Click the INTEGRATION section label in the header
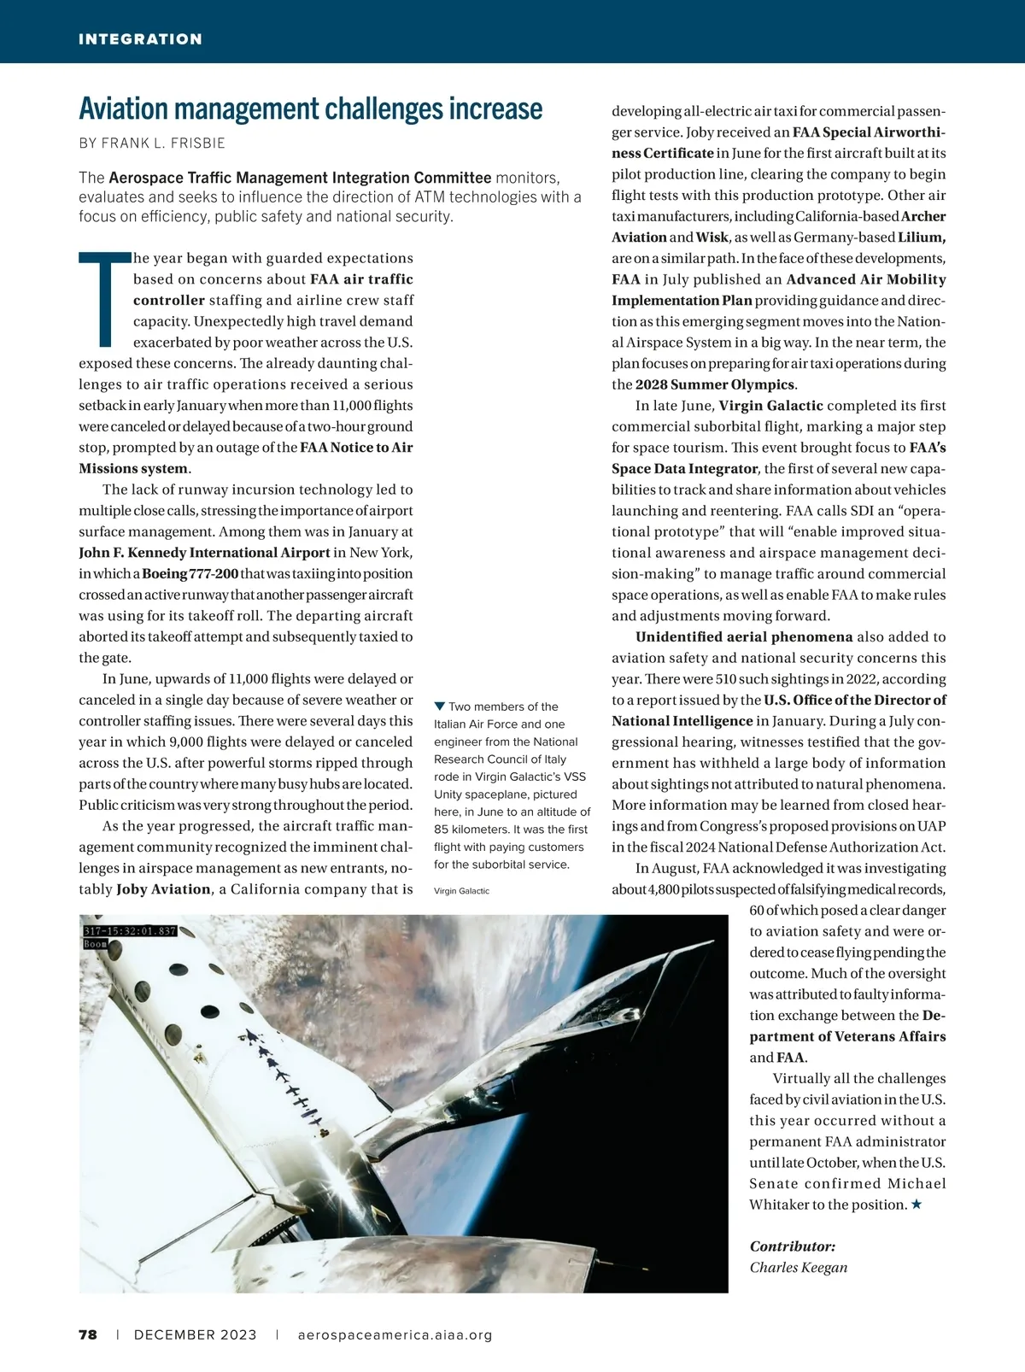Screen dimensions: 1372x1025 140,39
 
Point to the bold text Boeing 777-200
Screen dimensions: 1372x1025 190,574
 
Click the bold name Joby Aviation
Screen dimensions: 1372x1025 163,889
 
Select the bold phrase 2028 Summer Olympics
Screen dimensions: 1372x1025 715,384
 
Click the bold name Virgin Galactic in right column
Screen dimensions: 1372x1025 770,406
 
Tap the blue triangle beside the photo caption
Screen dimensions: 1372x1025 440,706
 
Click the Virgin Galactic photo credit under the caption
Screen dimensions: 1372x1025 461,891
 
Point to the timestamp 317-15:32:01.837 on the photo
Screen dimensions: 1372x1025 130,930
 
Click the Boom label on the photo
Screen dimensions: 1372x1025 94,944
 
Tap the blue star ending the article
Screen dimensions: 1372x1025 916,1205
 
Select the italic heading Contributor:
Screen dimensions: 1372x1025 792,1246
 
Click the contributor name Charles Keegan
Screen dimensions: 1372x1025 798,1267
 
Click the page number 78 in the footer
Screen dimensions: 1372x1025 88,1334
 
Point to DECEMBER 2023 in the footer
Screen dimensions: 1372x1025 195,1334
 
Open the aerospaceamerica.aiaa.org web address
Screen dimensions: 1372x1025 395,1334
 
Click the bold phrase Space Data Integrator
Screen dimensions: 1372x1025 684,468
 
